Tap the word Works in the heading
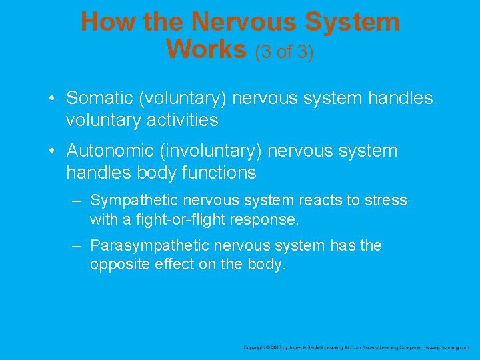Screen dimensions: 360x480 tap(207, 49)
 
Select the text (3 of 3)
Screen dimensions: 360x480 tap(284, 51)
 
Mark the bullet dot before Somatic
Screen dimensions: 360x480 tap(52, 99)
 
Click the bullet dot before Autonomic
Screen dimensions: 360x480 tap(52, 151)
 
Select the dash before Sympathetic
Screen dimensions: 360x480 tap(77, 200)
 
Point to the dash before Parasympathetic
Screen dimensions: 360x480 tap(77, 245)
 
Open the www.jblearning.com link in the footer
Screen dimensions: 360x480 tap(448, 347)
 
